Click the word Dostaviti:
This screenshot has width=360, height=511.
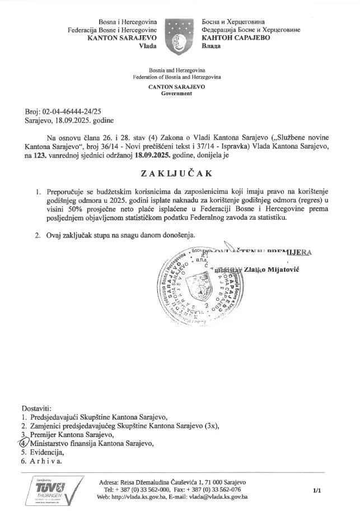coord(36,408)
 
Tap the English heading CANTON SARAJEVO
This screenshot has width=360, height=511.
coord(176,87)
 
